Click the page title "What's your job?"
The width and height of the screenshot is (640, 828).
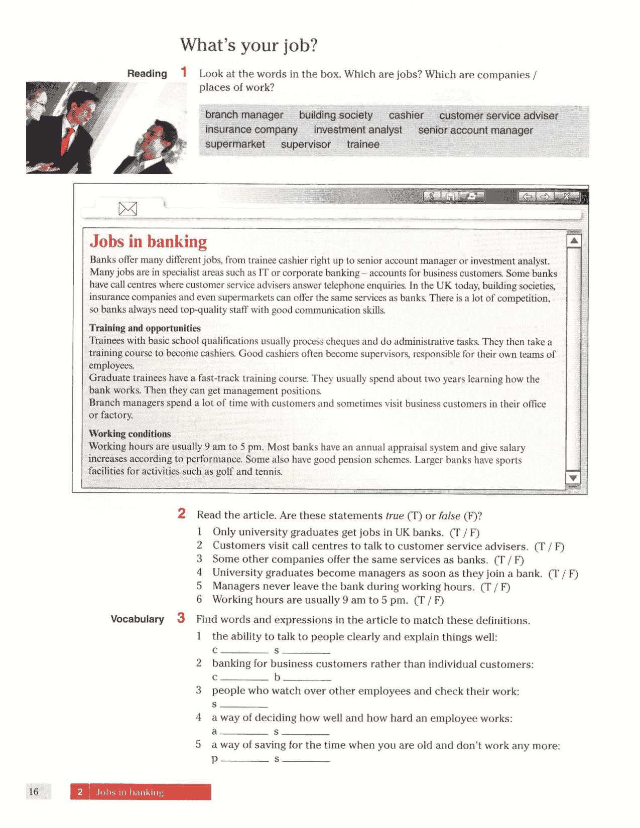pos(248,45)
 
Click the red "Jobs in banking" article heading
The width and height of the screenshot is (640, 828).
pos(148,242)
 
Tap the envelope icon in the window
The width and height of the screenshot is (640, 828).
pos(127,208)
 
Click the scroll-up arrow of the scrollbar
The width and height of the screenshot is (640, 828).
pos(574,241)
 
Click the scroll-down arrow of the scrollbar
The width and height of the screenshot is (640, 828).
pos(573,478)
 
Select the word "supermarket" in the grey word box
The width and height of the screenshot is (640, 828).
pos(235,144)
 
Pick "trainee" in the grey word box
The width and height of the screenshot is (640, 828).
pos(363,145)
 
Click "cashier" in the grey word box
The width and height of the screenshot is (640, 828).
pos(406,115)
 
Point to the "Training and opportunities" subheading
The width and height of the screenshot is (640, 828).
pos(145,328)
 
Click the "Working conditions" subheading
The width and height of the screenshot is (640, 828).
pos(130,434)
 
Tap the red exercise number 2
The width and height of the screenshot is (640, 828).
pos(181,513)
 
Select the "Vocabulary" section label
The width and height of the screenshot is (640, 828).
pos(137,619)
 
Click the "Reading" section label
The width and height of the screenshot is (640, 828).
pos(147,74)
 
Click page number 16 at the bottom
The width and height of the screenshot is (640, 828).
pos(34,792)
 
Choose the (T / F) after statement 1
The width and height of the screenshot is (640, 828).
pos(464,533)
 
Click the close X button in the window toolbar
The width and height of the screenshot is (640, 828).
pos(567,196)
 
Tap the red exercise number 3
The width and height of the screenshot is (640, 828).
pos(181,618)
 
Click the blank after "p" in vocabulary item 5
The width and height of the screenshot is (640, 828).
pos(244,759)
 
